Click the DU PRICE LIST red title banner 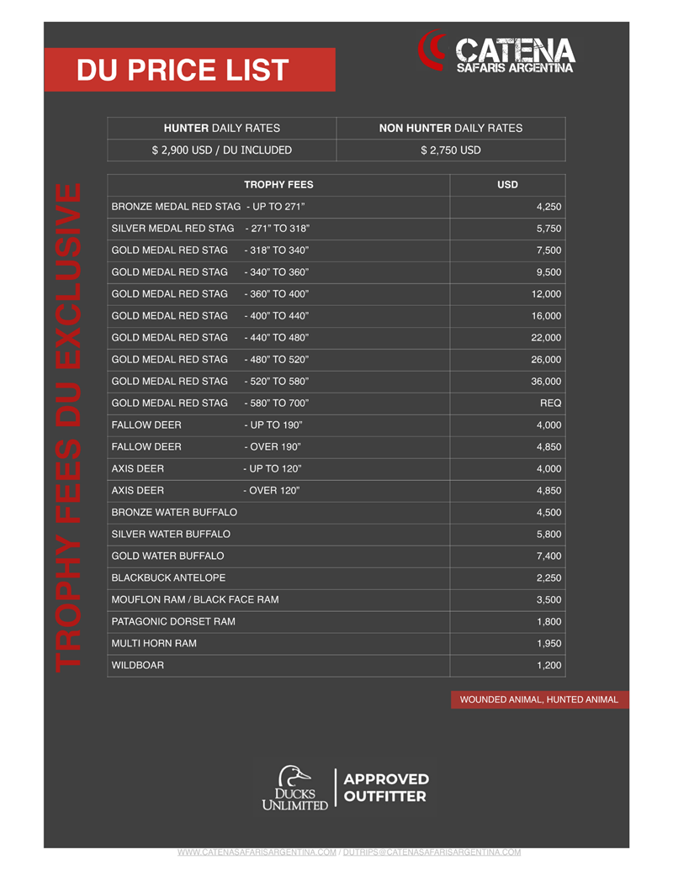click(x=189, y=70)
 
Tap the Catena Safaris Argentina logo click(x=496, y=52)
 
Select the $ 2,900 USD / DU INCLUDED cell click(x=221, y=150)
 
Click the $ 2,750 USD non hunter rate click(x=451, y=150)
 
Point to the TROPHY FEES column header click(x=278, y=185)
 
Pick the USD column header click(x=507, y=185)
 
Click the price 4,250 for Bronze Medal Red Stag click(x=548, y=207)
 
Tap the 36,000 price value click(x=546, y=382)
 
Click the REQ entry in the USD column click(x=550, y=403)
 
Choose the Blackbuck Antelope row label click(x=168, y=578)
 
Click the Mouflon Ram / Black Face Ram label click(x=194, y=600)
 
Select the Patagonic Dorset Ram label click(x=173, y=622)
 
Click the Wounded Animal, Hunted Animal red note click(x=538, y=699)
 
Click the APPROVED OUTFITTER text click(x=386, y=788)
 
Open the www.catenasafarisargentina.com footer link click(x=257, y=852)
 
